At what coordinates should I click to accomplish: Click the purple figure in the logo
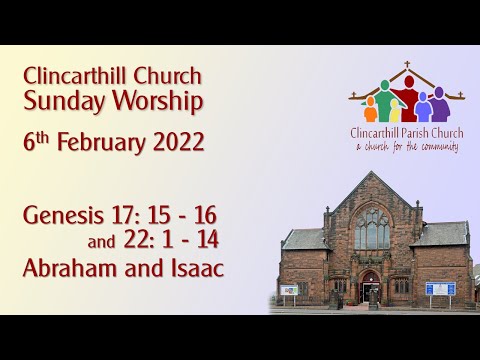pos(440,104)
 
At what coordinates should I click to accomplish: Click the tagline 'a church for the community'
pos(406,147)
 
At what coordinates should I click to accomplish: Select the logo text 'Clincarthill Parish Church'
pos(406,133)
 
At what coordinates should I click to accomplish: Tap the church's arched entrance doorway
pos(371,287)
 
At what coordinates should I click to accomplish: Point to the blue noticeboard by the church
pos(440,288)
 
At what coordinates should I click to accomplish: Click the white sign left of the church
pos(289,290)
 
